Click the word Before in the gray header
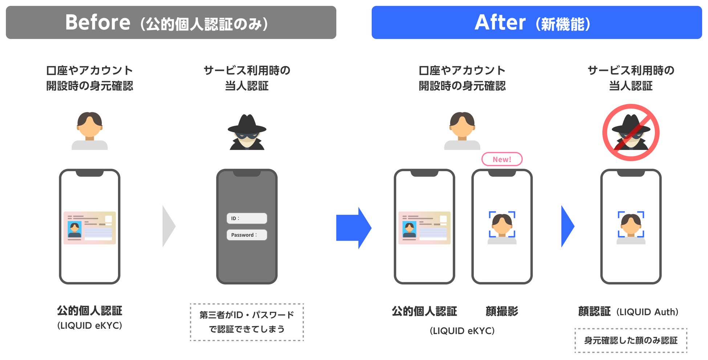98,23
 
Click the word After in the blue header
500,23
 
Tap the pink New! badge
502,159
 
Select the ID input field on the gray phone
247,218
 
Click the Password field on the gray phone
247,235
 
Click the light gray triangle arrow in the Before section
168,226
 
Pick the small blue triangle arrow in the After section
567,226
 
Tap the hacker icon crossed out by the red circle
631,133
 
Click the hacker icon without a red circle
247,133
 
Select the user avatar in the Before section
90,131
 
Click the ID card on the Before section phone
90,228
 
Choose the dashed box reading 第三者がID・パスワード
247,322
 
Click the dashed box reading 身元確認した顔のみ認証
631,340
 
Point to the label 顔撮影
502,311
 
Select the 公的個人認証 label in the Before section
90,311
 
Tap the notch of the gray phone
247,173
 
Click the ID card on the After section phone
424,228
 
